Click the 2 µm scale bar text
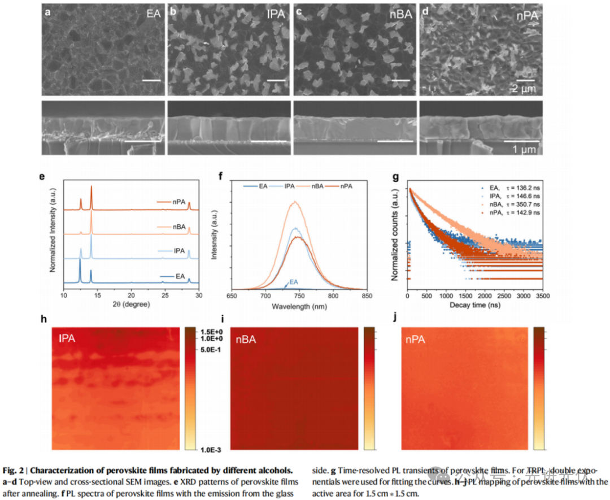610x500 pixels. tap(523, 88)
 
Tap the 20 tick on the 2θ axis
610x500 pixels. tap(131, 295)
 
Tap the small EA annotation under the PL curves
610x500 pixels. tap(294, 281)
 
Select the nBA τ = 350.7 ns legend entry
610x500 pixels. tap(509, 205)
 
